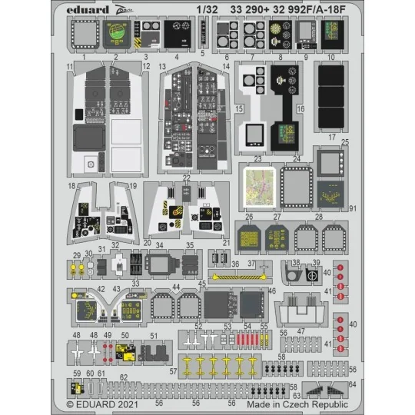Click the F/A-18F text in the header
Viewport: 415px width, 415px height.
pos(320,9)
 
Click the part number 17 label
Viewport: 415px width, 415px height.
pos(333,137)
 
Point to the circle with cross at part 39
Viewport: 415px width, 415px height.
pos(312,275)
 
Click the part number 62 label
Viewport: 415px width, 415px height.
pos(123,377)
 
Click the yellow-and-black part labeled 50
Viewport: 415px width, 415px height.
pos(126,352)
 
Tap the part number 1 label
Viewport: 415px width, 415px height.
pos(82,58)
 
